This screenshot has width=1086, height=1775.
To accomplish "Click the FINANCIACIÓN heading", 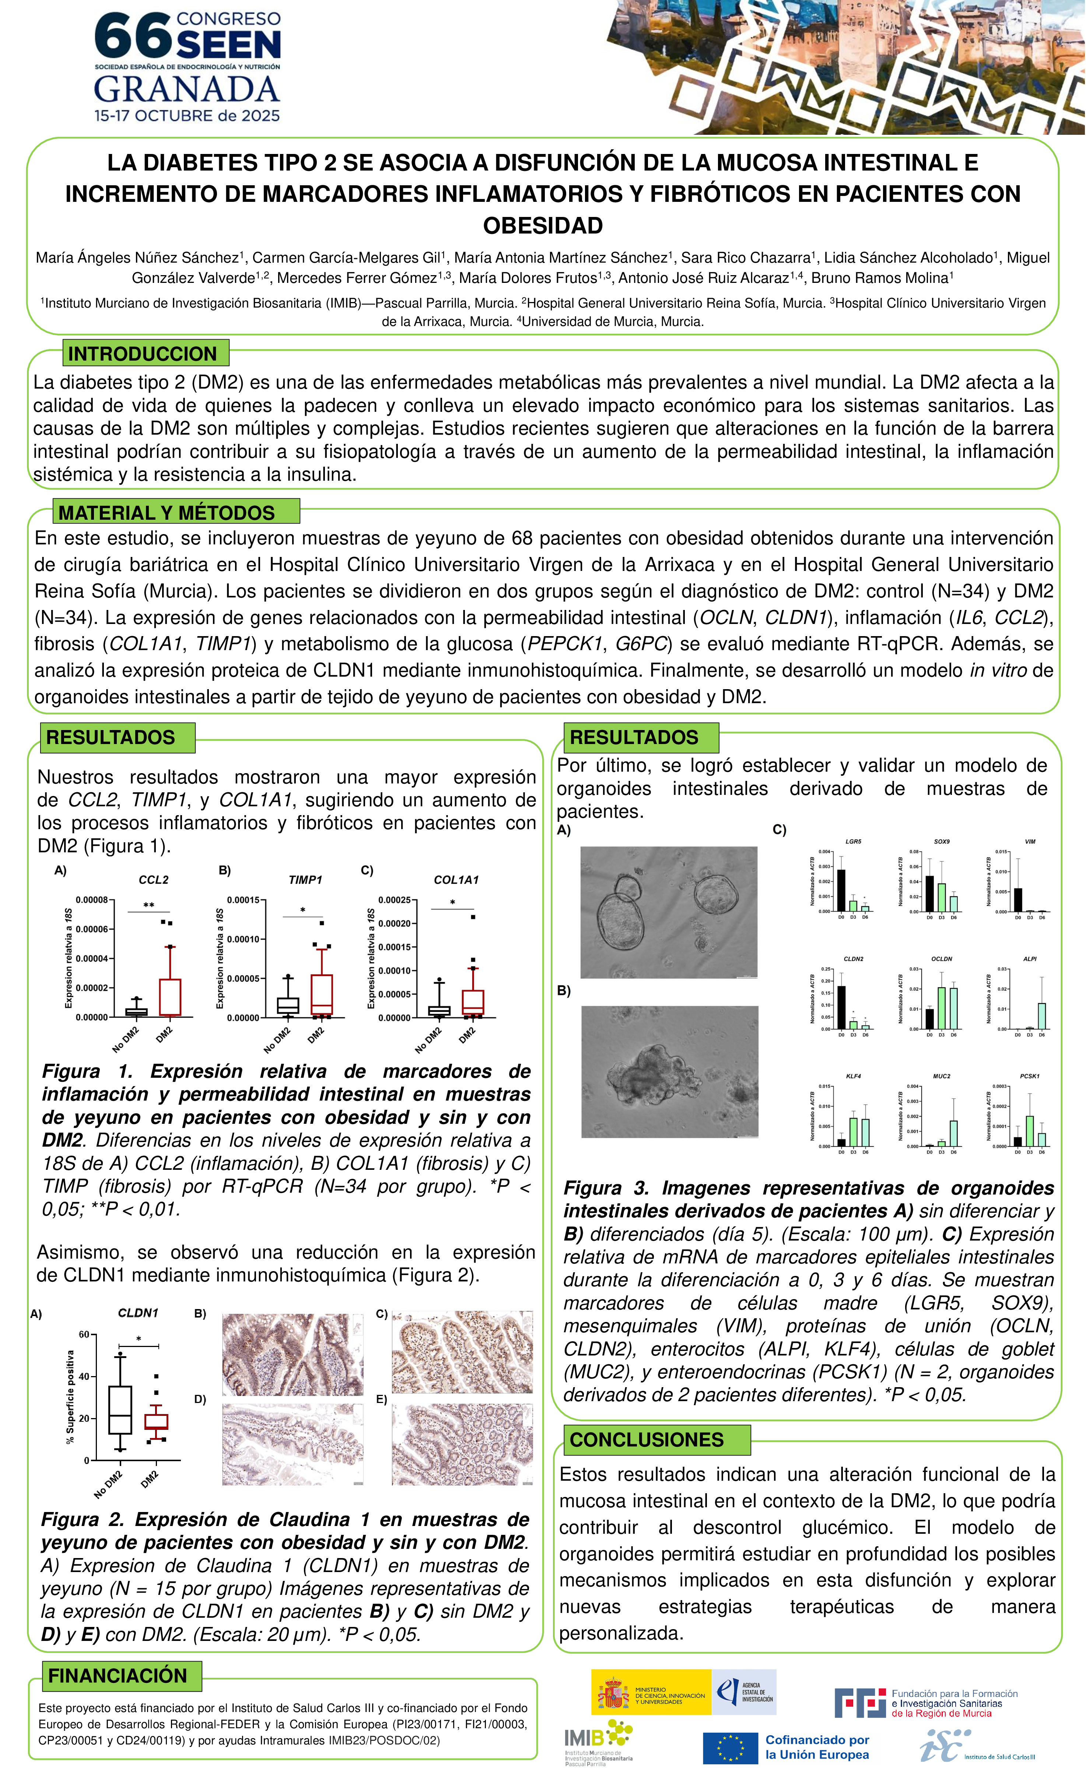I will tap(118, 1676).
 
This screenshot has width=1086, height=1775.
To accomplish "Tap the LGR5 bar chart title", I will tap(853, 841).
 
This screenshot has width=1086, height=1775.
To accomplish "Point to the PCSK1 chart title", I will tap(1030, 1076).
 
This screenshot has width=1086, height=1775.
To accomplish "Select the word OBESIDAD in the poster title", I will tap(543, 225).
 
